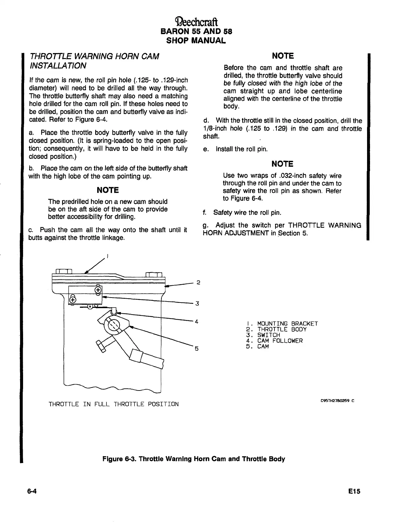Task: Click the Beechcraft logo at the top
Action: pyautogui.click(x=196, y=22)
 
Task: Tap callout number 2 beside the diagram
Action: pyautogui.click(x=198, y=282)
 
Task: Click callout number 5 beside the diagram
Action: pyautogui.click(x=196, y=348)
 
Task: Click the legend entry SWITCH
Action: pyautogui.click(x=269, y=335)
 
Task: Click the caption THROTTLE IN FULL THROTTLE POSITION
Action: pyautogui.click(x=114, y=404)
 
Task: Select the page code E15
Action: pyautogui.click(x=354, y=491)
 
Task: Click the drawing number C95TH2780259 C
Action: pyautogui.click(x=337, y=401)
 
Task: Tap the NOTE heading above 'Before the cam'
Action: pyautogui.click(x=282, y=56)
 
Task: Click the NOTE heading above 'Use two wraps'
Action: pyautogui.click(x=282, y=164)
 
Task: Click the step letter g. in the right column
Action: pyautogui.click(x=205, y=225)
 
